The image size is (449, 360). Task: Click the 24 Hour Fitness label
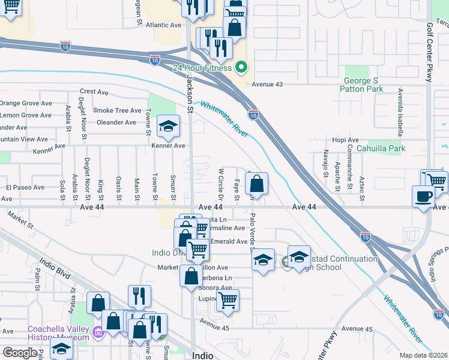pyautogui.click(x=202, y=68)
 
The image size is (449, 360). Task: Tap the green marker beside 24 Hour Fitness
pyautogui.click(x=241, y=67)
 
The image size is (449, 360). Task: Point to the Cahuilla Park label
pyautogui.click(x=381, y=148)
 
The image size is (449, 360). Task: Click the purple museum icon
pyautogui.click(x=98, y=331)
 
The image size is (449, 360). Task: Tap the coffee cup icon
pyautogui.click(x=424, y=196)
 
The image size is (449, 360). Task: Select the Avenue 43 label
pyautogui.click(x=267, y=85)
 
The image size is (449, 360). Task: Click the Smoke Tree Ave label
pyautogui.click(x=117, y=110)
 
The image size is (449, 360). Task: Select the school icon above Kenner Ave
pyautogui.click(x=169, y=126)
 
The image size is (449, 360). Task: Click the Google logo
pyautogui.click(x=20, y=353)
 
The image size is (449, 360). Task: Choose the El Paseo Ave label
pyautogui.click(x=26, y=187)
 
